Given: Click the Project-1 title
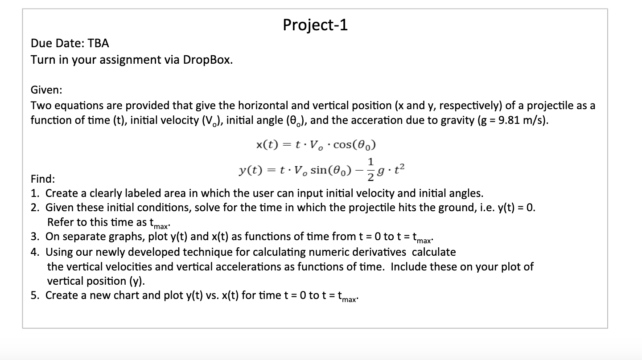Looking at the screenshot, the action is [x=315, y=25].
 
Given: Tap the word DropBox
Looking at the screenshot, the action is [x=208, y=60].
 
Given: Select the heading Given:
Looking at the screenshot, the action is [x=46, y=90].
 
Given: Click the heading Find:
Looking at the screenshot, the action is [x=43, y=179].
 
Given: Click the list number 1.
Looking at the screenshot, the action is [x=35, y=193].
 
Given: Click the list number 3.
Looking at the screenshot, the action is [x=35, y=236].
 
